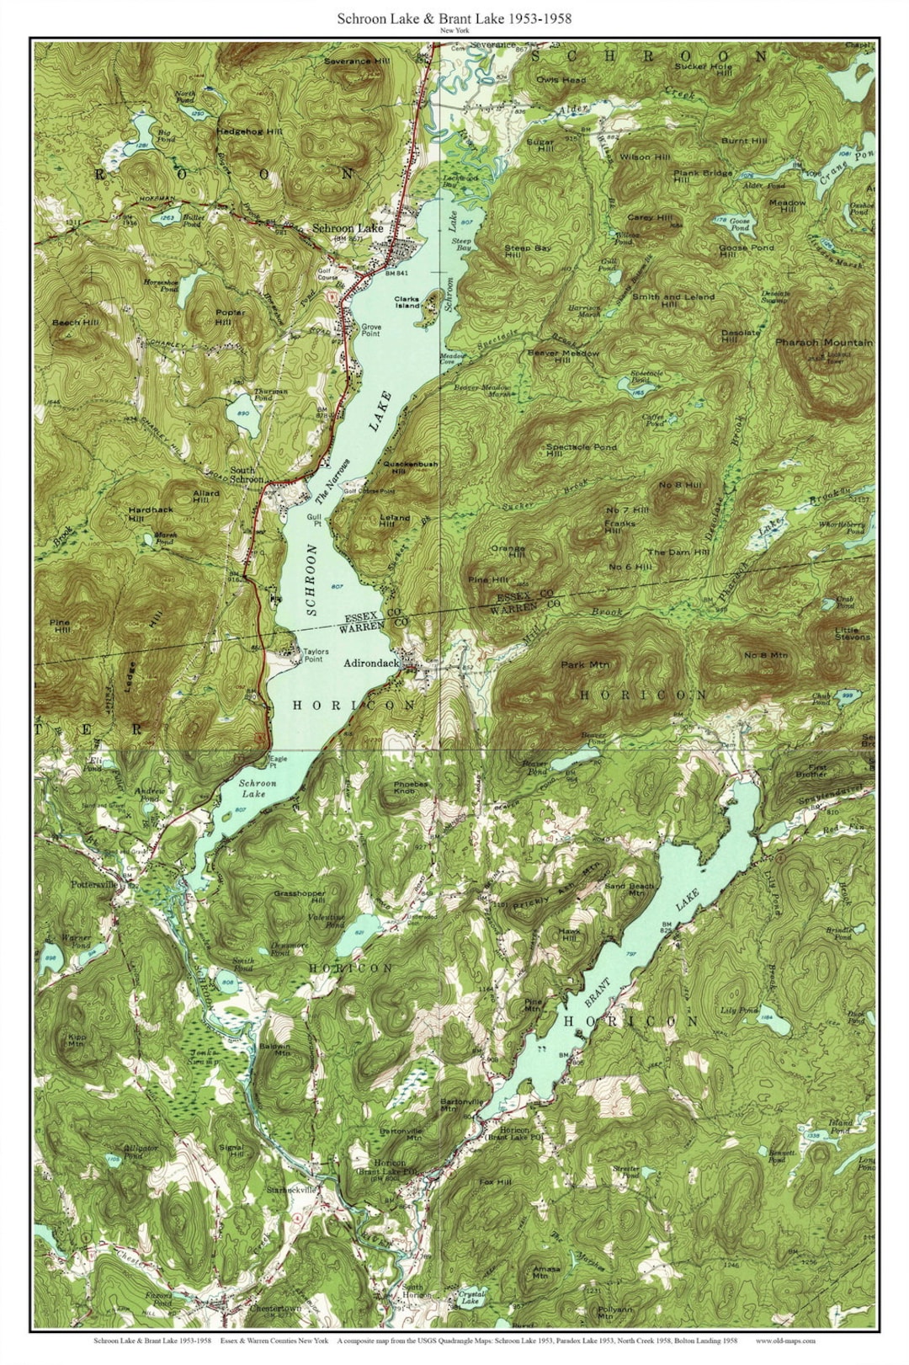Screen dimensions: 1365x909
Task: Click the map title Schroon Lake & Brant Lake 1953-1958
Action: click(x=454, y=18)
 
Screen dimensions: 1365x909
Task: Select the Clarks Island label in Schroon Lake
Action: click(x=407, y=302)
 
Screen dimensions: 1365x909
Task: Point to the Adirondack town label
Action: click(x=371, y=664)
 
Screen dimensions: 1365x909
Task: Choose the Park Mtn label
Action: click(x=585, y=665)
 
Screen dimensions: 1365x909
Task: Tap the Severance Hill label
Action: click(x=357, y=61)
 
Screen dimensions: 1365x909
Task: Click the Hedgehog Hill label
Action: click(x=249, y=132)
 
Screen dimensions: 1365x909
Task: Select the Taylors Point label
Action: click(x=316, y=655)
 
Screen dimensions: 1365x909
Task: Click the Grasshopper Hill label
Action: click(x=299, y=897)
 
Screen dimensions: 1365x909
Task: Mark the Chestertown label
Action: click(x=275, y=1309)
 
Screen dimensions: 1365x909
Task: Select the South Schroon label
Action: click(x=247, y=475)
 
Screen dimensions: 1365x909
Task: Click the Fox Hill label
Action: click(x=495, y=1181)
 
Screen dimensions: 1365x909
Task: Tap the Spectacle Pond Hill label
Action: click(x=580, y=451)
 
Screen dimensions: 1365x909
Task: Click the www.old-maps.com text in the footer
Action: click(x=785, y=1341)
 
